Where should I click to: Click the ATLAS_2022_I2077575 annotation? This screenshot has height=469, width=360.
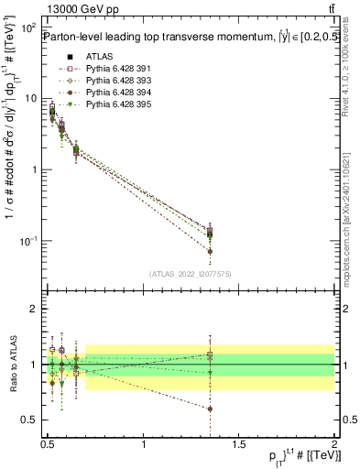point(191,273)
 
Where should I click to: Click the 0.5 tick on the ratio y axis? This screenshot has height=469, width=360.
point(27,420)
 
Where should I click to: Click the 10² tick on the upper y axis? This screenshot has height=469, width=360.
point(27,28)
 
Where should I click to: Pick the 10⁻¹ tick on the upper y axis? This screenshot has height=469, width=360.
point(27,241)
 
